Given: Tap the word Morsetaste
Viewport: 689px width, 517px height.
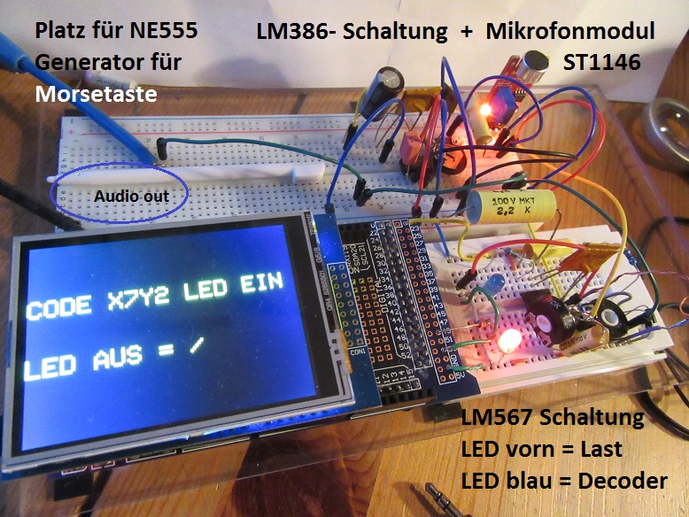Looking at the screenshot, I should (x=97, y=93).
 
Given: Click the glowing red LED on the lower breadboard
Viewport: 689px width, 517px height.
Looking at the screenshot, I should (x=509, y=341).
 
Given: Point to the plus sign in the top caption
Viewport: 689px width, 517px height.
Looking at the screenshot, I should (x=467, y=32).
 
